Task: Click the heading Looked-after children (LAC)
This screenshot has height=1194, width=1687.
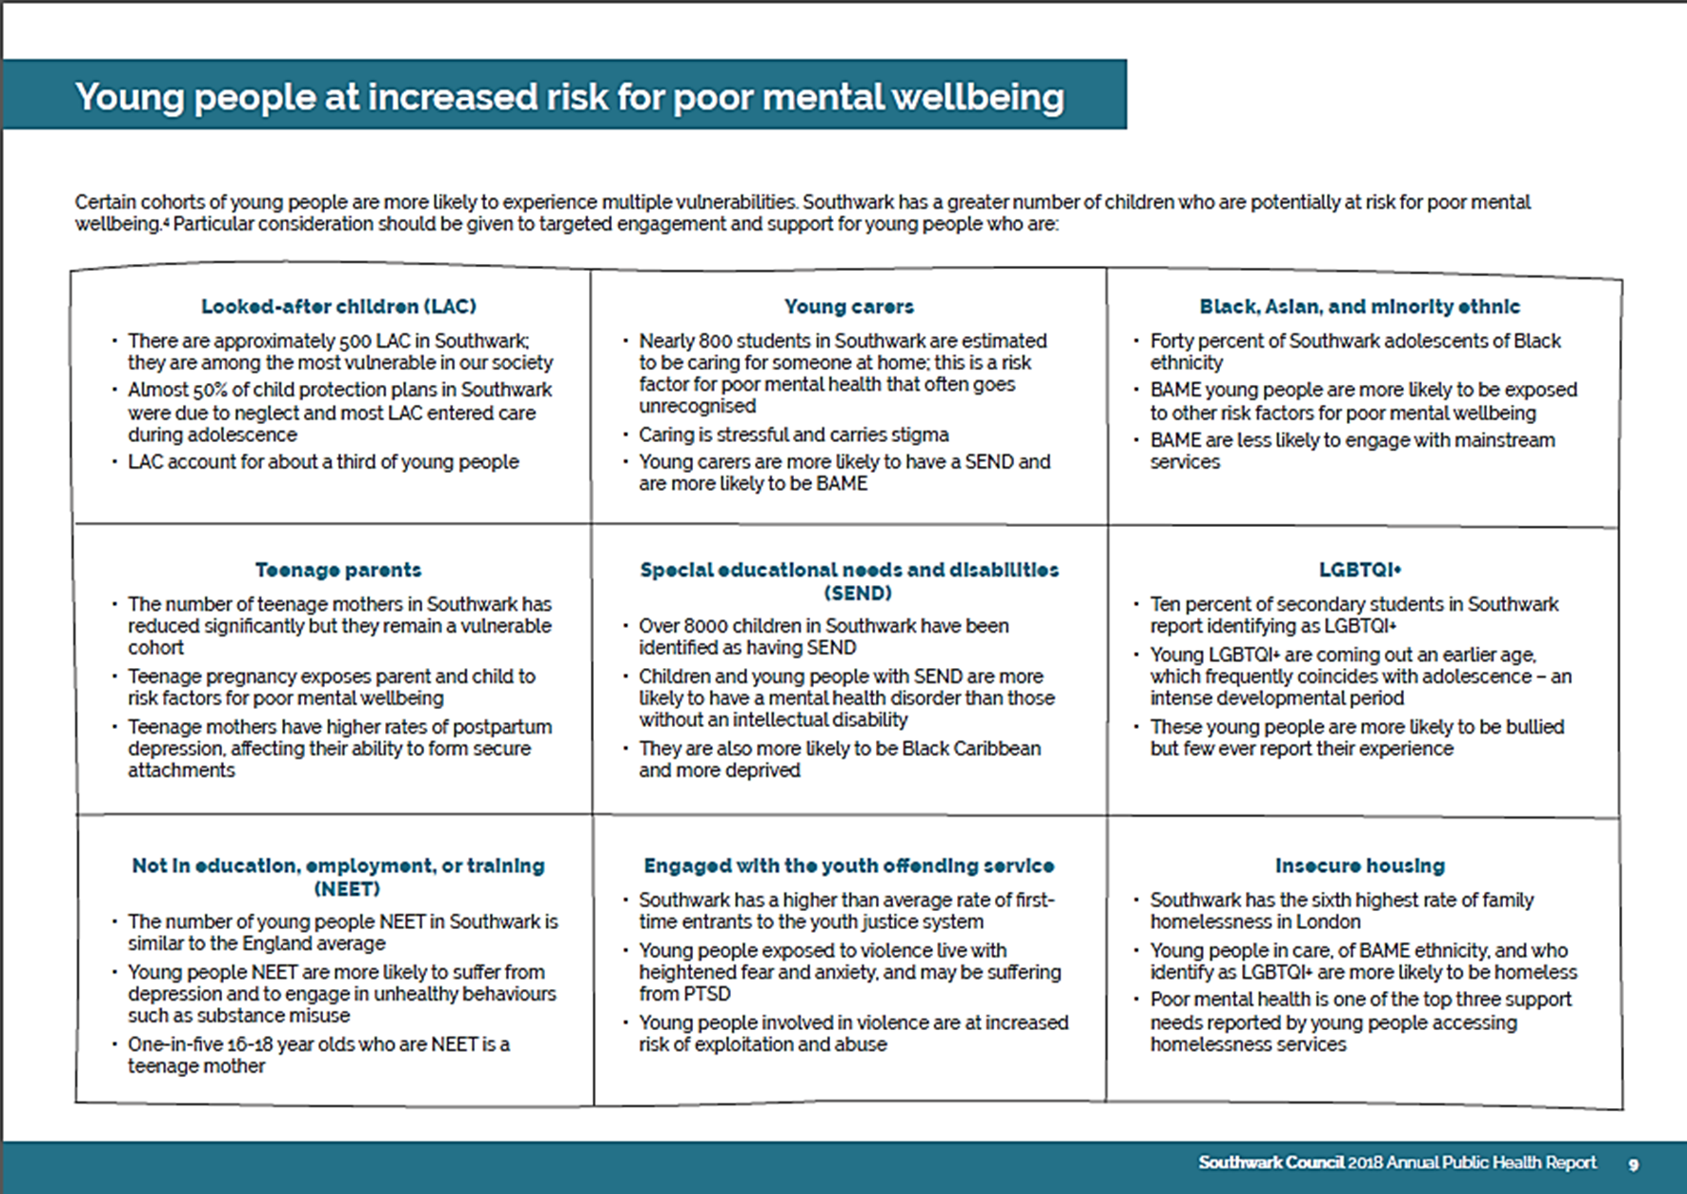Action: coord(338,307)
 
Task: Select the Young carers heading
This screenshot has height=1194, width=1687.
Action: coord(848,307)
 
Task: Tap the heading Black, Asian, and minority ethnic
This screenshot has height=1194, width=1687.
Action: coord(1359,307)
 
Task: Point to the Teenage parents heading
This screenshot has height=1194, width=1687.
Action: coord(338,570)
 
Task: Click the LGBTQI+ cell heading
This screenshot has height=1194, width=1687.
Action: coord(1359,570)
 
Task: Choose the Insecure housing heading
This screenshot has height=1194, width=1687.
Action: coord(1359,866)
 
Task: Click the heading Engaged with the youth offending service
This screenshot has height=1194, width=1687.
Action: coord(848,866)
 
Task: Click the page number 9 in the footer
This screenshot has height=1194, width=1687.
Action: coord(1633,1164)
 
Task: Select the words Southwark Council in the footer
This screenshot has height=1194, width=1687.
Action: coord(1270,1163)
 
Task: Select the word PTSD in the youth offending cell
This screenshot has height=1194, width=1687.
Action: coord(706,994)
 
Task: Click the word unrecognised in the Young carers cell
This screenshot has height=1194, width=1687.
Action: coord(697,406)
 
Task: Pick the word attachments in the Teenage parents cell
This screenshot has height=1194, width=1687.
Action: coord(181,770)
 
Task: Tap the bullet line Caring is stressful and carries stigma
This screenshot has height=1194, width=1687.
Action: coord(793,435)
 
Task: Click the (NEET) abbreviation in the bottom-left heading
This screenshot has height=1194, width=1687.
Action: coord(347,889)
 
